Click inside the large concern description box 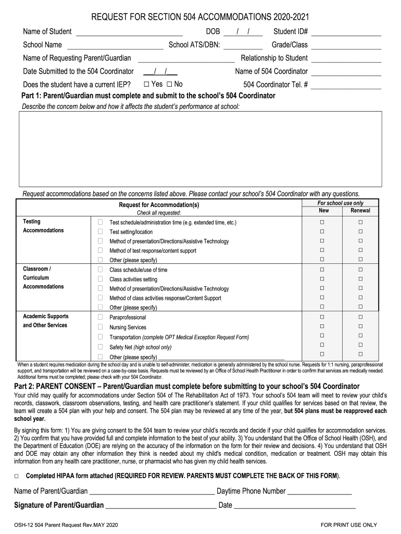[x=200, y=149]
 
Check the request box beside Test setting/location [x=100, y=232]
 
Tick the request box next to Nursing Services [x=100, y=327]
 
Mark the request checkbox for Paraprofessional [x=100, y=317]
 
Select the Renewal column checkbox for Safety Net [x=360, y=345]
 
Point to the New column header [x=323, y=211]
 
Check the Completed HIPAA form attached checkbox [x=17, y=476]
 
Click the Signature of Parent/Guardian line [x=160, y=506]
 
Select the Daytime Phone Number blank [x=319, y=492]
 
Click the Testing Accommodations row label [x=43, y=226]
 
